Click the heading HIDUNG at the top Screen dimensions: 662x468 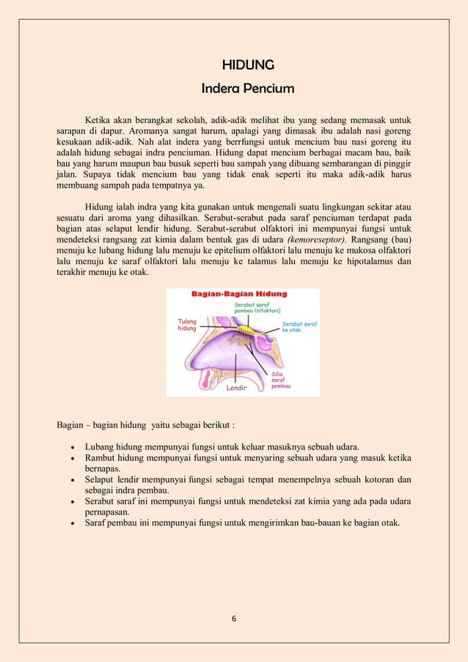click(x=248, y=65)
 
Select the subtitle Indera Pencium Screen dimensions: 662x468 click(x=248, y=89)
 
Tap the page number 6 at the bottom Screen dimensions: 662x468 click(x=234, y=619)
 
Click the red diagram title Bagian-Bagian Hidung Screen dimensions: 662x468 click(x=239, y=294)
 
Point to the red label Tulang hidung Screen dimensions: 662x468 click(x=188, y=325)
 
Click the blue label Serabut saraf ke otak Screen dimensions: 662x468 click(x=299, y=327)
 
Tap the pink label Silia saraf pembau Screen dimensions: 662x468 click(x=281, y=379)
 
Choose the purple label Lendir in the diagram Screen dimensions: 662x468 click(x=235, y=389)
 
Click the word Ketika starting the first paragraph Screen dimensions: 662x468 click(x=100, y=119)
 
